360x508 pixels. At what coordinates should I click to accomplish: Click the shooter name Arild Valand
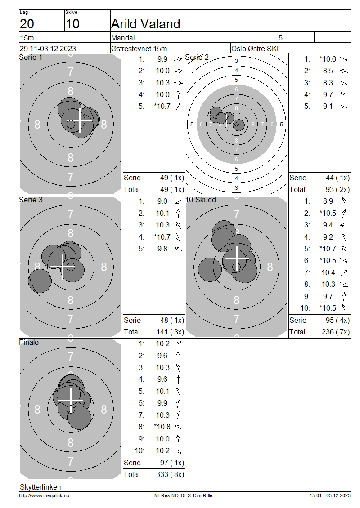point(145,24)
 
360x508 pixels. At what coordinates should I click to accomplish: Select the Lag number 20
point(27,24)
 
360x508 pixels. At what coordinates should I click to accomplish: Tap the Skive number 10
point(72,24)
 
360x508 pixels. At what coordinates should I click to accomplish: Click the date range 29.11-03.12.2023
point(48,49)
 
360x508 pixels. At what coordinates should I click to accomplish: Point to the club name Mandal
point(123,38)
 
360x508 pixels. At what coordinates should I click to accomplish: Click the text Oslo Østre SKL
point(256,49)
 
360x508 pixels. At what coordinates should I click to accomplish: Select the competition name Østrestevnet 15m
point(139,49)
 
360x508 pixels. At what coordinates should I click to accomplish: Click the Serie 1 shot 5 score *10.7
point(162,106)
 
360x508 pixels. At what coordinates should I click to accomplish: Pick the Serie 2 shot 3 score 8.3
point(328,83)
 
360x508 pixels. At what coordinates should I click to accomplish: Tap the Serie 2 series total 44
point(329,178)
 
